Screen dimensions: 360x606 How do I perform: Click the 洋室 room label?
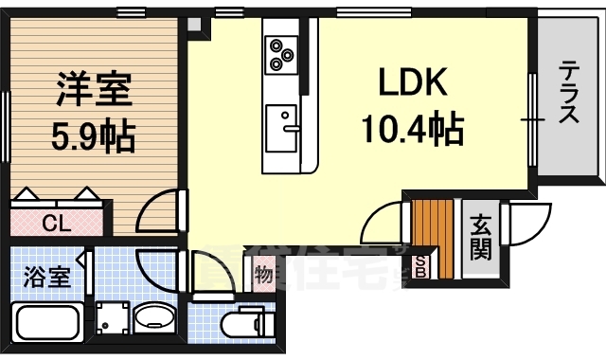pos(93,93)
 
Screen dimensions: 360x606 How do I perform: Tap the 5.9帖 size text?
pos(93,137)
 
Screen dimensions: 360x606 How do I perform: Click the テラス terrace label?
pos(569,93)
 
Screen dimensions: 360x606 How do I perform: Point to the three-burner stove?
pos(281,53)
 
